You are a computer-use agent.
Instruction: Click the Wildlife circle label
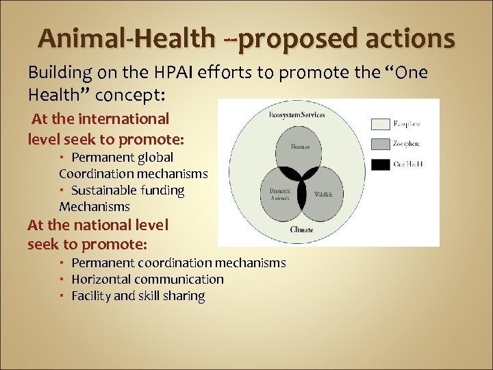(x=323, y=195)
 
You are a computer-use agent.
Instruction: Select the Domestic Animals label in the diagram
(x=279, y=194)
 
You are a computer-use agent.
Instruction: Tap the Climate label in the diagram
(x=301, y=230)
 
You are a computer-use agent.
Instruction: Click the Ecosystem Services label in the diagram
(x=297, y=114)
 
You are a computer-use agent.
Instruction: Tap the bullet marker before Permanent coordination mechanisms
(x=62, y=263)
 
